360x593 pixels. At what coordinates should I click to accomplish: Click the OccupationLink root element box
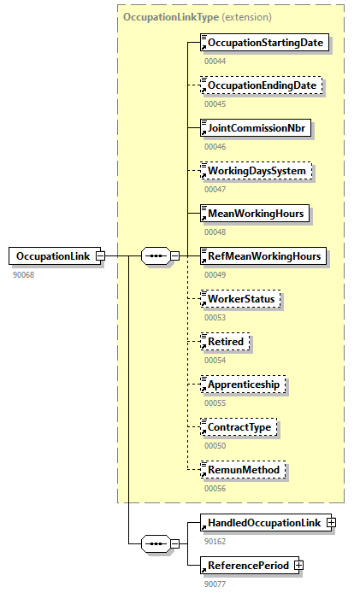pyautogui.click(x=52, y=255)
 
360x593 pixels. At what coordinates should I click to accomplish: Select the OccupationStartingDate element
pyautogui.click(x=264, y=43)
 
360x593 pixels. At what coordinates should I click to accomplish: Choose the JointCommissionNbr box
pyautogui.click(x=255, y=128)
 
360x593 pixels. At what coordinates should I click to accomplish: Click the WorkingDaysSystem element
pyautogui.click(x=256, y=171)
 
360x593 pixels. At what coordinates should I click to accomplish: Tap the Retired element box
pyautogui.click(x=226, y=341)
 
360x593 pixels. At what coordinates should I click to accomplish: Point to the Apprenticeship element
pyautogui.click(x=245, y=384)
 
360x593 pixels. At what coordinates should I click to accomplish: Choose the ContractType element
pyautogui.click(x=239, y=426)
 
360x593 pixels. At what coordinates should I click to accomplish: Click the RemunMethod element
pyautogui.click(x=241, y=469)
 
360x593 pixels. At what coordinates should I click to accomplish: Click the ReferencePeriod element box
pyautogui.click(x=246, y=565)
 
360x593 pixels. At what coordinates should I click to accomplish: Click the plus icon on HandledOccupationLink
pyautogui.click(x=331, y=522)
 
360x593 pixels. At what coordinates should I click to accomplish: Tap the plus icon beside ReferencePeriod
pyautogui.click(x=298, y=565)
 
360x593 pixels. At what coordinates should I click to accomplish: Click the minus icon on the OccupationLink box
pyautogui.click(x=100, y=255)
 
